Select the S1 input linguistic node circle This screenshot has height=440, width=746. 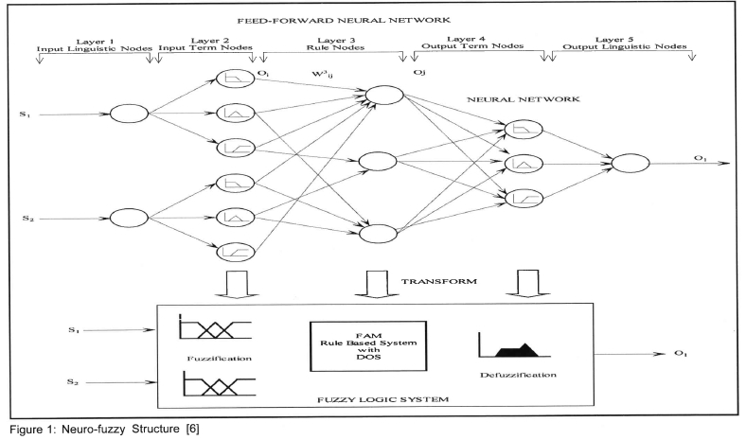(x=128, y=114)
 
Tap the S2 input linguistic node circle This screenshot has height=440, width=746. (x=128, y=217)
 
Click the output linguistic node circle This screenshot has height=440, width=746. (x=631, y=165)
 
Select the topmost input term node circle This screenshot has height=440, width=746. (x=231, y=79)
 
